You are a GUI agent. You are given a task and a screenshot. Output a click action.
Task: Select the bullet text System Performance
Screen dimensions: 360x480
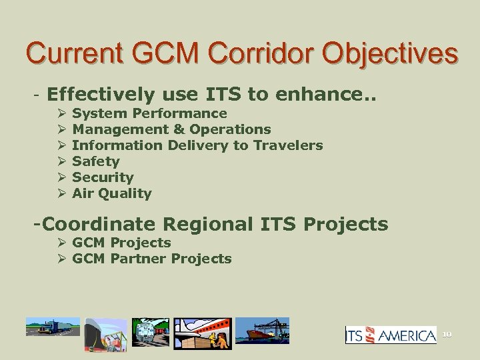[149, 113]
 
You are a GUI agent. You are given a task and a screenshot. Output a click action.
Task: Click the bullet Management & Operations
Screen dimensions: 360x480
[171, 129]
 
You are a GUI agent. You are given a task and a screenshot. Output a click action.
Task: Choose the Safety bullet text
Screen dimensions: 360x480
[95, 161]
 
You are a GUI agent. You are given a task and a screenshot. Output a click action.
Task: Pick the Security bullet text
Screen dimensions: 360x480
[103, 177]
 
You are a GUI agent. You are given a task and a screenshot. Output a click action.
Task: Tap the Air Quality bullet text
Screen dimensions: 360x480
[111, 193]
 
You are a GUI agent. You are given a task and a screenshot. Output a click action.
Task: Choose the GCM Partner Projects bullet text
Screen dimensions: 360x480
[151, 259]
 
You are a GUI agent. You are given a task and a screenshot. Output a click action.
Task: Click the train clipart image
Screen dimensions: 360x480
[150, 331]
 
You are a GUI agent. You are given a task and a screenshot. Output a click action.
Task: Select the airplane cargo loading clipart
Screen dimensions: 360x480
[201, 333]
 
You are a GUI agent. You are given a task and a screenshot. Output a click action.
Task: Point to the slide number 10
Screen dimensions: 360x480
[446, 333]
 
